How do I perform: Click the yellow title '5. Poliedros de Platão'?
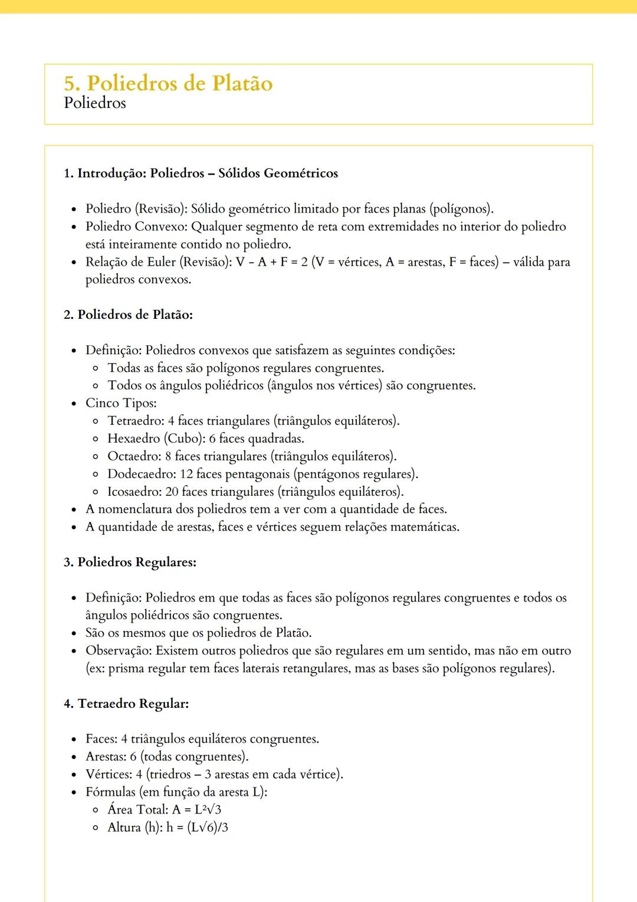point(168,83)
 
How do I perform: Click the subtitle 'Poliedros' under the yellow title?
point(95,103)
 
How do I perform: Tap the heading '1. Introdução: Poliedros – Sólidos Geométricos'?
point(201,174)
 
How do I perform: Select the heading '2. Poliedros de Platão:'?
point(128,315)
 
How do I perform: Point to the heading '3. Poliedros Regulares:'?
point(130,562)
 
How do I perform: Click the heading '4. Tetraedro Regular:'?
point(126,704)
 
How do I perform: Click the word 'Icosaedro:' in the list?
point(134,492)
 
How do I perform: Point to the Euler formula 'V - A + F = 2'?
point(272,262)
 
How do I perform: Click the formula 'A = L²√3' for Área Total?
point(196,810)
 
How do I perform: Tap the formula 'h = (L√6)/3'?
point(197,828)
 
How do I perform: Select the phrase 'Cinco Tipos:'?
point(121,403)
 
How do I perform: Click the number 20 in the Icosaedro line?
point(172,492)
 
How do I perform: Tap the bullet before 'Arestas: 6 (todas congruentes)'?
point(74,757)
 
